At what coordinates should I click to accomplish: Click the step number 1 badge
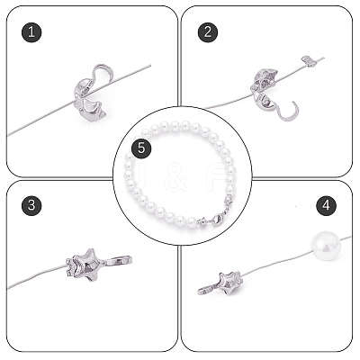click(x=31, y=32)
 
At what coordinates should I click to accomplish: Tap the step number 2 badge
click(x=208, y=32)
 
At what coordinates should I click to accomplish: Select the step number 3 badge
click(x=31, y=205)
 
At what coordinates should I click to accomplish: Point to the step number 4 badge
click(x=327, y=205)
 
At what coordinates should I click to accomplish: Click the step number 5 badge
click(x=141, y=148)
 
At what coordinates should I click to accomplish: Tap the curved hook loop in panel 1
click(x=103, y=74)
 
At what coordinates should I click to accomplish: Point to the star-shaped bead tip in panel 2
click(x=265, y=79)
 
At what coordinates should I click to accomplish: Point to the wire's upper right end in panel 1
click(x=150, y=65)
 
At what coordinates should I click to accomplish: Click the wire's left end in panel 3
click(x=8, y=289)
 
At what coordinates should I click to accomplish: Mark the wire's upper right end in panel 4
click(x=350, y=237)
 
